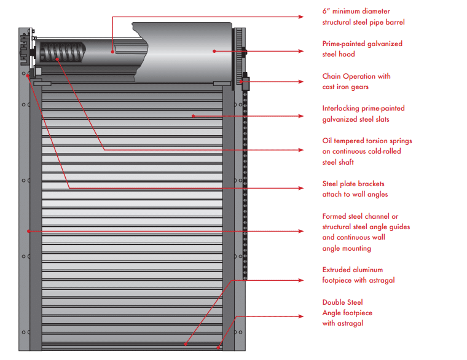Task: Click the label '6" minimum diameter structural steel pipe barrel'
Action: point(363,17)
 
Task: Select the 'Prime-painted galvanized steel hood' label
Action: point(362,49)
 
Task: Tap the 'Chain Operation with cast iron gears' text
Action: point(356,82)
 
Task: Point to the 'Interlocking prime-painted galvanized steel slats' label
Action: point(363,114)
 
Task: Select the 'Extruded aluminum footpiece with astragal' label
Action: point(358,275)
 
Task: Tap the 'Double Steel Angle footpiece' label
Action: point(347,313)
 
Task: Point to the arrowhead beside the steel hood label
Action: point(300,51)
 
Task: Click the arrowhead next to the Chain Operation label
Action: point(300,81)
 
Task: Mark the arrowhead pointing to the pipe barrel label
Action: point(300,17)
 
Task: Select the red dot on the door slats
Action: point(192,115)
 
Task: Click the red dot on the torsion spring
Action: point(57,59)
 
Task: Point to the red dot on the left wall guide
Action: point(28,231)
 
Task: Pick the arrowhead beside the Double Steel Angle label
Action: point(300,316)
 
